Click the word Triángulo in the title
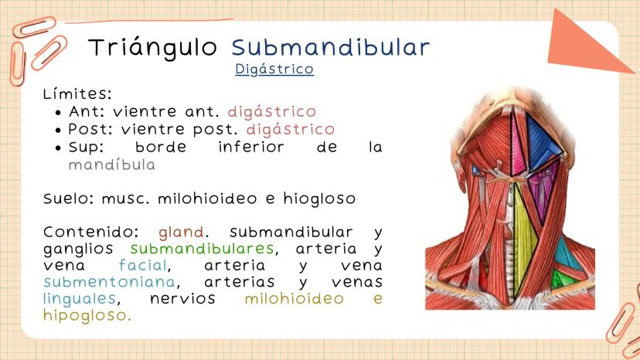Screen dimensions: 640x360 point(152,48)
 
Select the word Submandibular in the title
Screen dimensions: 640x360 point(331,47)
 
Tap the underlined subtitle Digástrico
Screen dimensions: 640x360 point(274,69)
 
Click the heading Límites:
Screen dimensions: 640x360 point(77,93)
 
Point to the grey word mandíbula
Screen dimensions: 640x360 point(112,165)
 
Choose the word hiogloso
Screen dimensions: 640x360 point(319,199)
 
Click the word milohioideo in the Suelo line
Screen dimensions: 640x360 point(207,199)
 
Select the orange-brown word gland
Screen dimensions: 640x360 point(181,233)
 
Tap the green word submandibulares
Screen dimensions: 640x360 point(202,249)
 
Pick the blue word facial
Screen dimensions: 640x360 point(142,265)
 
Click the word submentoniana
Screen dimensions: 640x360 point(110,282)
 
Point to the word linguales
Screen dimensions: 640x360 point(80,298)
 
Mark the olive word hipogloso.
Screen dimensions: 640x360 point(87,315)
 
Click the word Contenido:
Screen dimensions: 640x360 point(91,233)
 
